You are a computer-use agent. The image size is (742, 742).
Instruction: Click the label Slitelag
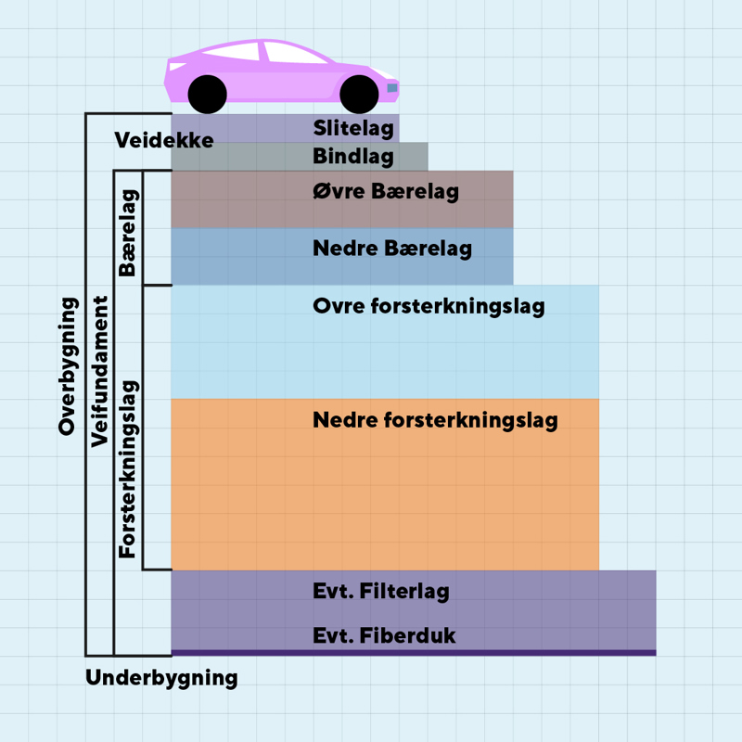pos(353,129)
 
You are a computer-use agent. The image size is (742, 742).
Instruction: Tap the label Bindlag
pos(353,156)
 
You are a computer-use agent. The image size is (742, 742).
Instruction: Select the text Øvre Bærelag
pos(386,192)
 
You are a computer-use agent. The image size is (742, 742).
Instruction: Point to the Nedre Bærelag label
pos(392,249)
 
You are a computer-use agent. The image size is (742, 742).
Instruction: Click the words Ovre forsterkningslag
pos(429,306)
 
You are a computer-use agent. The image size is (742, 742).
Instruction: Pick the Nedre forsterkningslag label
pos(435,420)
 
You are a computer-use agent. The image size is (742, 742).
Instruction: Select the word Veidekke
pos(164,141)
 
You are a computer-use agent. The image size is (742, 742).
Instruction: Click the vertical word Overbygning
pos(67,365)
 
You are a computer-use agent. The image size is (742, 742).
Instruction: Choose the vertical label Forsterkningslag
pos(128,468)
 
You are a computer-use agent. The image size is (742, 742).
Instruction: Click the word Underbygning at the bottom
pos(161,678)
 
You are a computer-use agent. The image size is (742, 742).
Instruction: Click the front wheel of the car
pos(359,93)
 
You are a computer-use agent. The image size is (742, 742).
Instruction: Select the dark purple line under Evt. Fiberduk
pos(413,653)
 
